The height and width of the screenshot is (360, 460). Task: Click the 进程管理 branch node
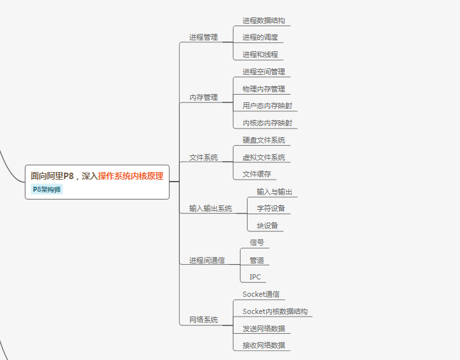click(203, 37)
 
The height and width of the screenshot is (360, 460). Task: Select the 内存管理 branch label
click(203, 97)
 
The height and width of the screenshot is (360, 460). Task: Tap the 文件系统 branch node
click(203, 157)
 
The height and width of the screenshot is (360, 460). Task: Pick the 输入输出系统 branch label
click(210, 208)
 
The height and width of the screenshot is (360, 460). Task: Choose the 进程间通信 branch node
click(207, 260)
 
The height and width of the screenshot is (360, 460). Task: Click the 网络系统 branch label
click(203, 320)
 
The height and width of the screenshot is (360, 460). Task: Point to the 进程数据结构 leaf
click(264, 20)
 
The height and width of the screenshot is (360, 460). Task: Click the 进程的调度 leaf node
click(260, 37)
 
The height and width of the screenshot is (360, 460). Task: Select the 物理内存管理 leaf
click(264, 89)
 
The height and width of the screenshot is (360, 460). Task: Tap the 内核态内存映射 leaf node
click(267, 123)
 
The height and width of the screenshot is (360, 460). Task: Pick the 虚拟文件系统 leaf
click(264, 157)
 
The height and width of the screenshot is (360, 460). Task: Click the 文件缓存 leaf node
click(257, 174)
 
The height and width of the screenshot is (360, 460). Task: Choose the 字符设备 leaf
click(271, 208)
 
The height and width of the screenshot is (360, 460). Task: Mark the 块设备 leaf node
click(267, 226)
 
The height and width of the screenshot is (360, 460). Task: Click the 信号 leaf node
click(257, 243)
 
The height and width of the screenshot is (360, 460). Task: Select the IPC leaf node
click(255, 277)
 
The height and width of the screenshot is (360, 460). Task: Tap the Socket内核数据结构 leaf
click(275, 311)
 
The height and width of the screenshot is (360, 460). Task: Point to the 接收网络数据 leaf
click(264, 345)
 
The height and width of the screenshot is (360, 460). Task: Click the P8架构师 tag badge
click(47, 189)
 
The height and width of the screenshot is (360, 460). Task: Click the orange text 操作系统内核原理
click(131, 176)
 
